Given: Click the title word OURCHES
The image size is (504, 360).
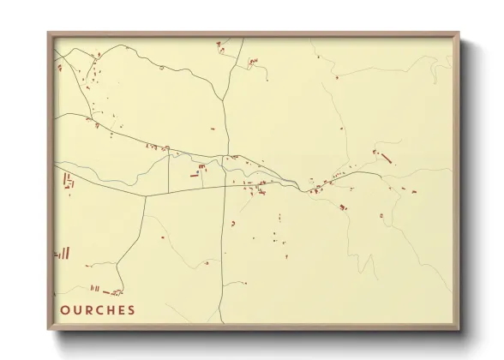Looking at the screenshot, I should coord(97,309).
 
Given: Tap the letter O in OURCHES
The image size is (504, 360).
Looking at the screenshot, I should coord(63,309).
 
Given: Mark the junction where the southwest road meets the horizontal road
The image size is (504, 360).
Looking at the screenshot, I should coord(145,196).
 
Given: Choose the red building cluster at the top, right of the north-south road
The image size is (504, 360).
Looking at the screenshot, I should coord(253,61).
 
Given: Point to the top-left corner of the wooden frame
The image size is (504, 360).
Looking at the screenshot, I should coord(49,33).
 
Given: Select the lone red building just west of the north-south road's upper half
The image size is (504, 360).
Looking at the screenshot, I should coord(213,129).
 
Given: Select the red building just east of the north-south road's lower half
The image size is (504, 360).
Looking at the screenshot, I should coord(232,224).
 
